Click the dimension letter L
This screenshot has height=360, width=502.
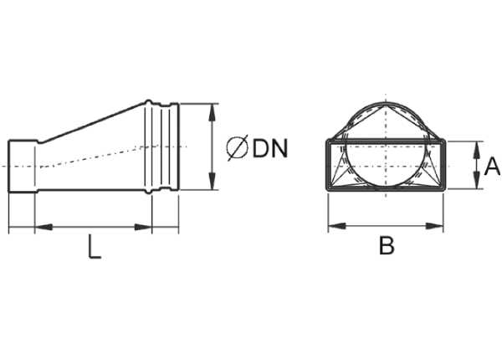(x=95, y=246)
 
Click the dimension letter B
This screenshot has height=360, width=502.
(x=387, y=245)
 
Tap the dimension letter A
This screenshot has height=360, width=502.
(x=492, y=167)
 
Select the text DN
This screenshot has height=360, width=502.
(x=270, y=148)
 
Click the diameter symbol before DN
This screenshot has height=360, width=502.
(x=238, y=147)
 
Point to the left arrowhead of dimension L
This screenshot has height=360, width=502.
(x=44, y=227)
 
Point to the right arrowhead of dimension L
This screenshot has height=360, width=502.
(x=143, y=227)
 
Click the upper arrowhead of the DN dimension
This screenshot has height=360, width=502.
(x=212, y=112)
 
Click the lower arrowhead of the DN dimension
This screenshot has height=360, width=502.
(x=212, y=181)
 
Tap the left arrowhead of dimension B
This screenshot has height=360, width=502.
(x=337, y=226)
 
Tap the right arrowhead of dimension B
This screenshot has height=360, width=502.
(x=434, y=226)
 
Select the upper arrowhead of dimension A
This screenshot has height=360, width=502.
(x=477, y=150)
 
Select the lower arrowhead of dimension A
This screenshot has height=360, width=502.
(x=477, y=180)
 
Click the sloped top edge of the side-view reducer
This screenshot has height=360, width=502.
(x=93, y=122)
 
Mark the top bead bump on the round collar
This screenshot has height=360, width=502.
(x=148, y=102)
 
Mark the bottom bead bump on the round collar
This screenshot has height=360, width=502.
(x=148, y=192)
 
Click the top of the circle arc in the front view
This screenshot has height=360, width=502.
(x=386, y=104)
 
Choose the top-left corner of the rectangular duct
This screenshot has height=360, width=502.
(x=327, y=140)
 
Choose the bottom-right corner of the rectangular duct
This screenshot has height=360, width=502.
(x=444, y=191)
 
